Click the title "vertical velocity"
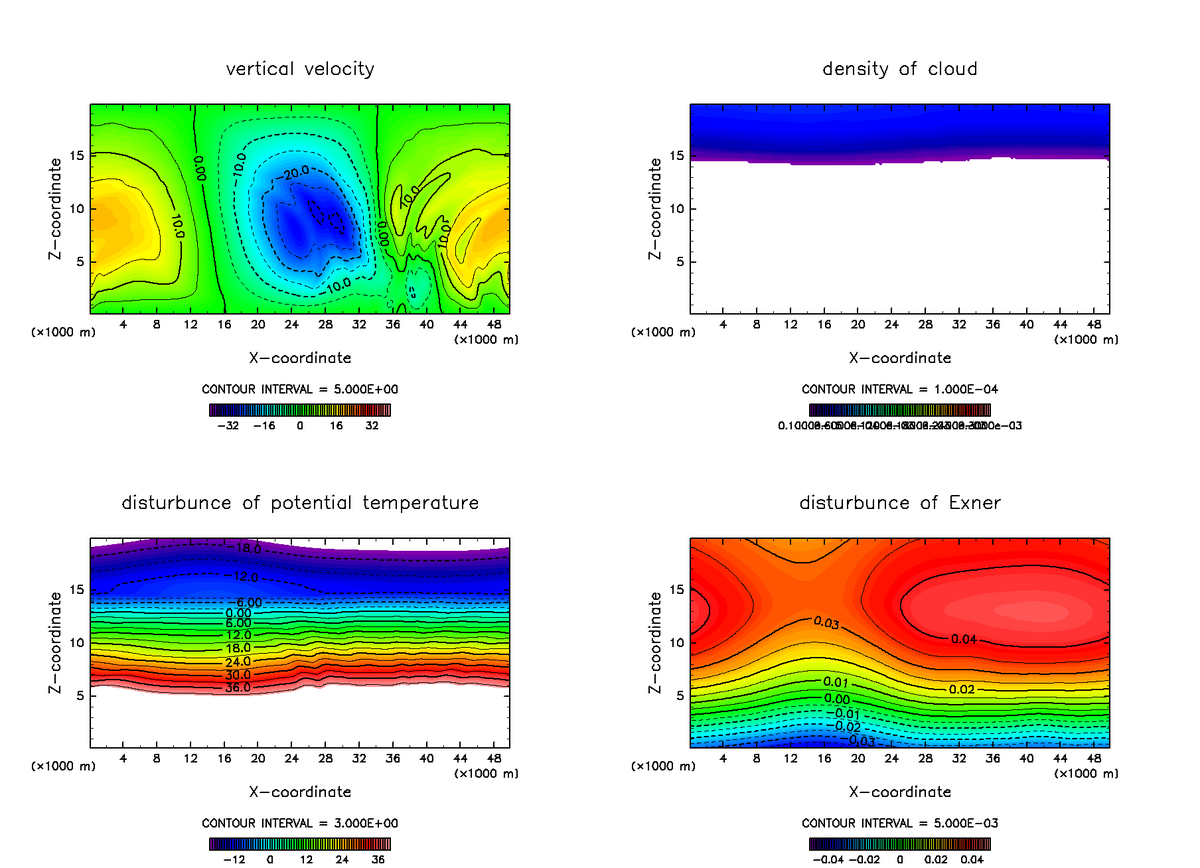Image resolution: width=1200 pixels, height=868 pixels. [x=300, y=69]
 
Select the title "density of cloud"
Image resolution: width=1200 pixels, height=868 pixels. [x=899, y=69]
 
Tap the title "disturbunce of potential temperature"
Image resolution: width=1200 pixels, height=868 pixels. [x=300, y=502]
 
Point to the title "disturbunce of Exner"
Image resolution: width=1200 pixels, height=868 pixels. [x=899, y=502]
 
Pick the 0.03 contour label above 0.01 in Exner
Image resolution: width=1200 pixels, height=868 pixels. [x=825, y=622]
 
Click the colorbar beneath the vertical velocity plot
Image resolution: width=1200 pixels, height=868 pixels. [x=300, y=409]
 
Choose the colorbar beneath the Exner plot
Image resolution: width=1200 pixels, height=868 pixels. [x=899, y=843]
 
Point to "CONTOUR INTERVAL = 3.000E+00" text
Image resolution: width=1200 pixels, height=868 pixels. [x=300, y=823]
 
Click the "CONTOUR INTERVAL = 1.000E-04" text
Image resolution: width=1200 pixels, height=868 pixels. [x=899, y=390]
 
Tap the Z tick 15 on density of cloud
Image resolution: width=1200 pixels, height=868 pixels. [x=681, y=156]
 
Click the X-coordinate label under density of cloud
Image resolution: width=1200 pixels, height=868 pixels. [x=899, y=357]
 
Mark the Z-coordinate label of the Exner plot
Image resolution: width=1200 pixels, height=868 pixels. [x=656, y=641]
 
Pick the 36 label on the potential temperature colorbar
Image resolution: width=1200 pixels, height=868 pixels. [x=380, y=858]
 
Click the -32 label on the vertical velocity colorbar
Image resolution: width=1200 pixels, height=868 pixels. [x=230, y=425]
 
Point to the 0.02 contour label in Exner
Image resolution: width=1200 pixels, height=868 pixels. [x=960, y=689]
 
